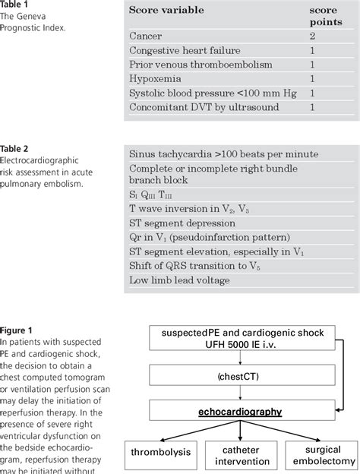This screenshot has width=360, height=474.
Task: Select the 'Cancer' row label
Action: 147,36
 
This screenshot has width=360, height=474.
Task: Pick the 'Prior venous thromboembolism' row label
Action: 201,65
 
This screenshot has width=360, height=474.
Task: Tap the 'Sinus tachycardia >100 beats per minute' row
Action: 223,154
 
